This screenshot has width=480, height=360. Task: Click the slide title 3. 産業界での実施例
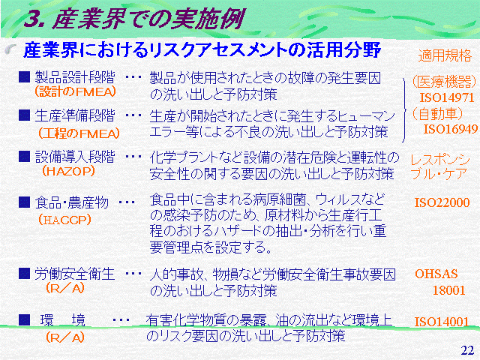[x=135, y=19]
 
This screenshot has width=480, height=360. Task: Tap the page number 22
[x=467, y=350]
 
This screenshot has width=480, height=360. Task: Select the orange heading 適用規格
[x=445, y=55]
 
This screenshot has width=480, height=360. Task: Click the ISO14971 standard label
[x=447, y=97]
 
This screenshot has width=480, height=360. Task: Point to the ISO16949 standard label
[x=450, y=129]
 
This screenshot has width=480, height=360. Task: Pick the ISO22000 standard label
[x=442, y=202]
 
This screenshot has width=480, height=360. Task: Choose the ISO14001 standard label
[x=442, y=322]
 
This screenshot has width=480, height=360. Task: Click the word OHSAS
[x=436, y=274]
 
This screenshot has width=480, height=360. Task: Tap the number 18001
[x=448, y=290]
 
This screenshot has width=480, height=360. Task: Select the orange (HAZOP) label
[x=68, y=171]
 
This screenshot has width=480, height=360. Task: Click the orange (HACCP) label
[x=65, y=220]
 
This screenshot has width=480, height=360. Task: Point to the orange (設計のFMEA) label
[x=75, y=91]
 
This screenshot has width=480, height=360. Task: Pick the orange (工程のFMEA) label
[x=79, y=133]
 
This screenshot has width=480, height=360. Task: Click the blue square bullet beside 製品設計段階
[x=24, y=76]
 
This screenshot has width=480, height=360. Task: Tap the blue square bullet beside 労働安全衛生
[x=24, y=273]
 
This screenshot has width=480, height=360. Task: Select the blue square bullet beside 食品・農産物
[x=24, y=202]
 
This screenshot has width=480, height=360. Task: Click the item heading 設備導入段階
[x=75, y=157]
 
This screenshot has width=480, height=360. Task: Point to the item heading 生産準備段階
[x=75, y=115]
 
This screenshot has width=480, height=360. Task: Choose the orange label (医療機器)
[x=445, y=82]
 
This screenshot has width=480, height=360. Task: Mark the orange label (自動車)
[x=437, y=113]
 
